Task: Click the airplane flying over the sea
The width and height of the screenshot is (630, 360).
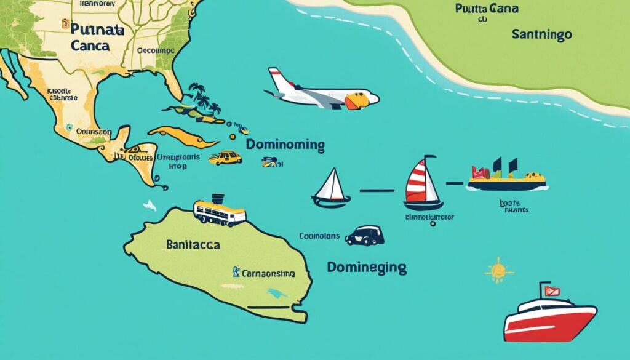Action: pyautogui.click(x=323, y=92)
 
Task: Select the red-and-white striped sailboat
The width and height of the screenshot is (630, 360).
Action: pyautogui.click(x=423, y=184)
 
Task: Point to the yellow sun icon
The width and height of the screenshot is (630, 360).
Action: pyautogui.click(x=498, y=270)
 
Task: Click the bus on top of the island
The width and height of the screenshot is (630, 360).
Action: pyautogui.click(x=220, y=211)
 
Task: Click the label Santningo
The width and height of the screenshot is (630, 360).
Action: pyautogui.click(x=541, y=35)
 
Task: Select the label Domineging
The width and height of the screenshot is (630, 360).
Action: pyautogui.click(x=367, y=268)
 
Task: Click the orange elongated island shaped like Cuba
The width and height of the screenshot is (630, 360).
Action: pyautogui.click(x=181, y=137)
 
